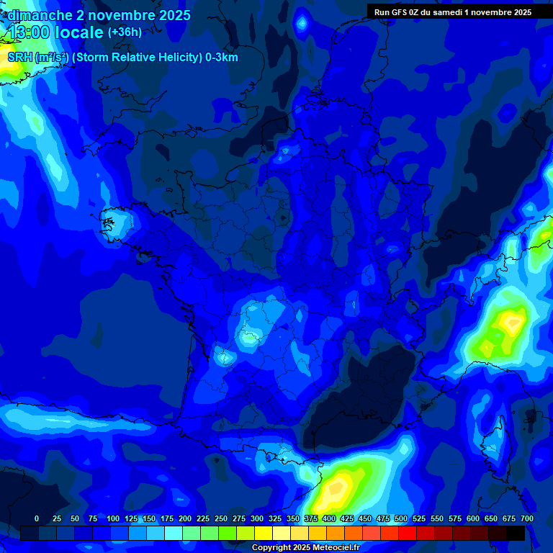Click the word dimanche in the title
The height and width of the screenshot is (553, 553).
pyautogui.click(x=40, y=15)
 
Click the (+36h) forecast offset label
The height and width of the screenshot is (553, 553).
pyautogui.click(x=125, y=32)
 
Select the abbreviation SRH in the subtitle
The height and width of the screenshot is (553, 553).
pyautogui.click(x=19, y=58)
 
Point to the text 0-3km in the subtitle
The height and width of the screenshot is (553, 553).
pyautogui.click(x=221, y=58)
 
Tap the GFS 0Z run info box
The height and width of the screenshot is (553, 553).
pyautogui.click(x=453, y=12)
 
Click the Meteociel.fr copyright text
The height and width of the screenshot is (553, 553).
pyautogui.click(x=305, y=548)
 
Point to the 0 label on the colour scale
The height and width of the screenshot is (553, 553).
pyautogui.click(x=37, y=519)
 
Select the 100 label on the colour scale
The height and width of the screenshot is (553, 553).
pyautogui.click(x=113, y=519)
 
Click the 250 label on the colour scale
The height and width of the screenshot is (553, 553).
pyautogui.click(x=221, y=519)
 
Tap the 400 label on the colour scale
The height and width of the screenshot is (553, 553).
pyautogui.click(x=329, y=519)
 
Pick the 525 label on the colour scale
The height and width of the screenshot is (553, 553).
pyautogui.click(x=419, y=519)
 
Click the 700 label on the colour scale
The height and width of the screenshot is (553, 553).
pyautogui.click(x=527, y=519)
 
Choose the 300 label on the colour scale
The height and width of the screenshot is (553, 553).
pyautogui.click(x=257, y=519)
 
